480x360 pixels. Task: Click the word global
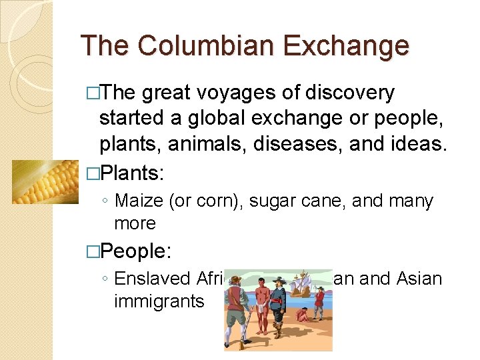210,119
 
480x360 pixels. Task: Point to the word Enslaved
153,278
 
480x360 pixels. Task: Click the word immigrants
159,301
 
